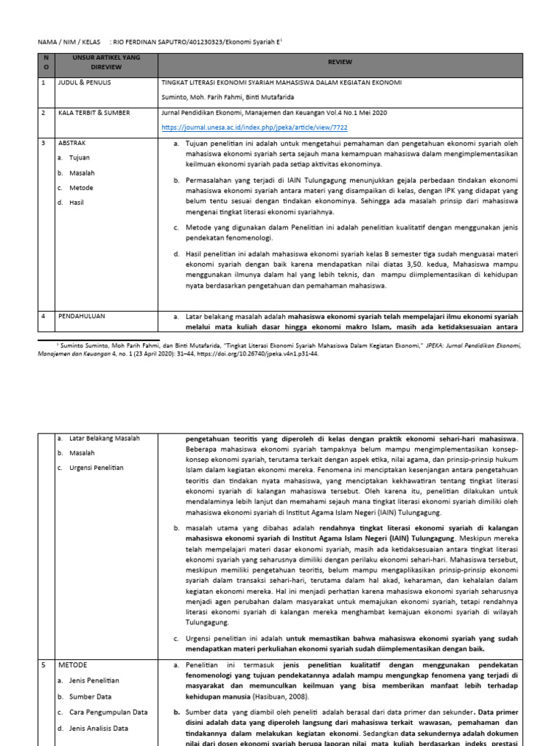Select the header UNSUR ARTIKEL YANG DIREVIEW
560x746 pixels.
[x=96, y=61]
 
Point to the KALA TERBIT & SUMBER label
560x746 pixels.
[x=96, y=114]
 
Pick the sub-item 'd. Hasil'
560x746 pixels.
[x=72, y=202]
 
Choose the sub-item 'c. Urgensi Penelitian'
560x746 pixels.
[x=90, y=467]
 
